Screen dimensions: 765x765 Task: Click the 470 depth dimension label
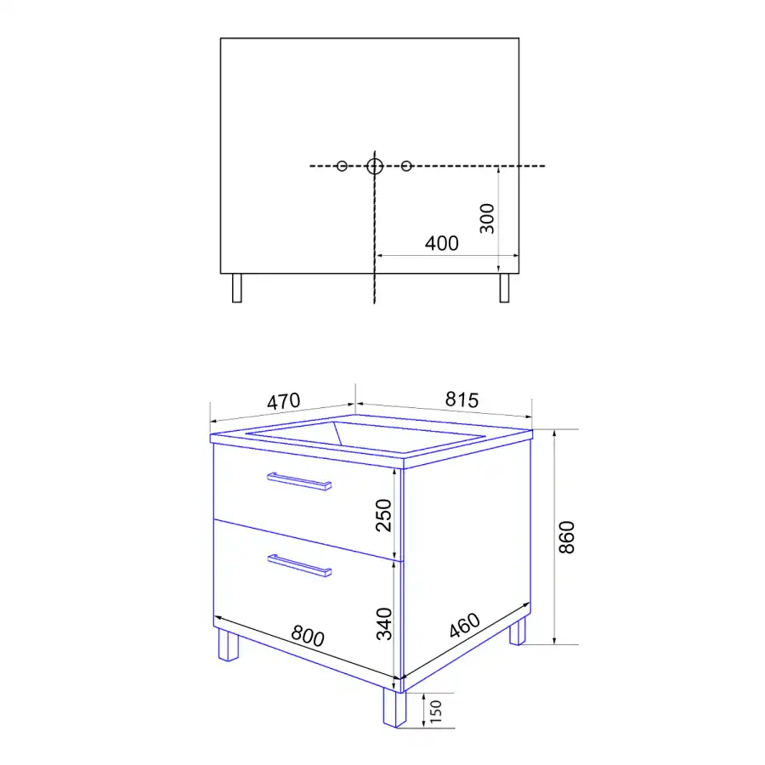283,401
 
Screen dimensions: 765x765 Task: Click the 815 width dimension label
462,400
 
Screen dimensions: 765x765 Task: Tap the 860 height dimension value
567,537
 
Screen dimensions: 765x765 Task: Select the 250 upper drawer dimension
384,515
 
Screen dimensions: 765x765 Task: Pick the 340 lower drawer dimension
384,624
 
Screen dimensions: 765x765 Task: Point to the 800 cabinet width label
308,636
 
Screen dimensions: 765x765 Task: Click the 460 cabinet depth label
465,625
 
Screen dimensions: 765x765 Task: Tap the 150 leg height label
436,711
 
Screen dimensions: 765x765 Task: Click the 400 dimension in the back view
441,243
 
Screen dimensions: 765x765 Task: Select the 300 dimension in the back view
487,218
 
